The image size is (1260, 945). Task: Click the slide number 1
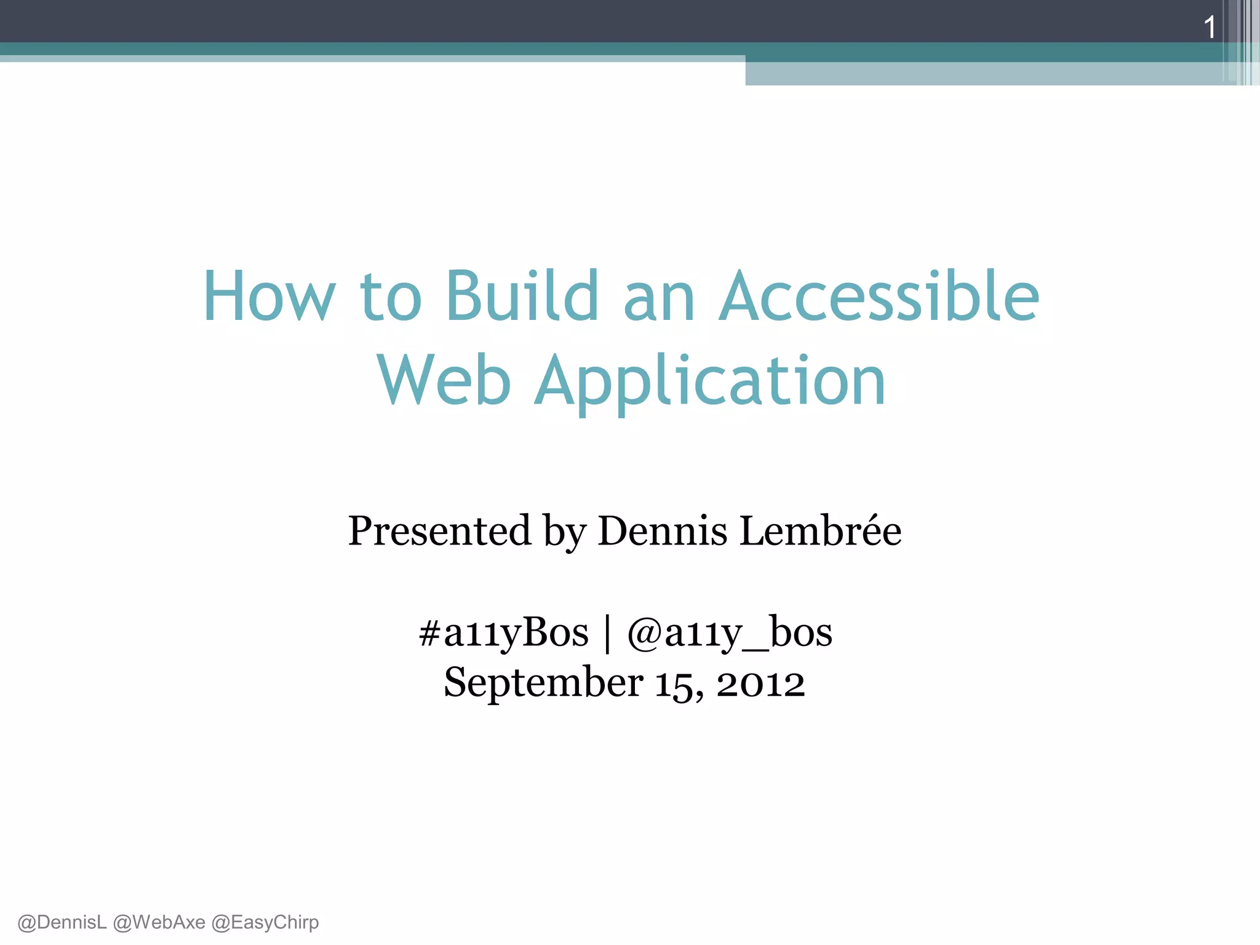pyautogui.click(x=1210, y=28)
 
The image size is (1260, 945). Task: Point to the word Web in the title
pyautogui.click(x=444, y=381)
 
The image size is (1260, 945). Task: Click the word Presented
pyautogui.click(x=439, y=530)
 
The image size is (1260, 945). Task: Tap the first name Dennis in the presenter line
pyautogui.click(x=662, y=530)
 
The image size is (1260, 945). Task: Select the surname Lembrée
pyautogui.click(x=820, y=530)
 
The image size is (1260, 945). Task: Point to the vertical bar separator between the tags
pyautogui.click(x=608, y=634)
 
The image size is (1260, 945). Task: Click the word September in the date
pyautogui.click(x=543, y=683)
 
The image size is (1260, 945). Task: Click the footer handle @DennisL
pyautogui.click(x=62, y=922)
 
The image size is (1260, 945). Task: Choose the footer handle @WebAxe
pyautogui.click(x=159, y=922)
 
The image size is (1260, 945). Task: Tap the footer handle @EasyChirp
pyautogui.click(x=265, y=922)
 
